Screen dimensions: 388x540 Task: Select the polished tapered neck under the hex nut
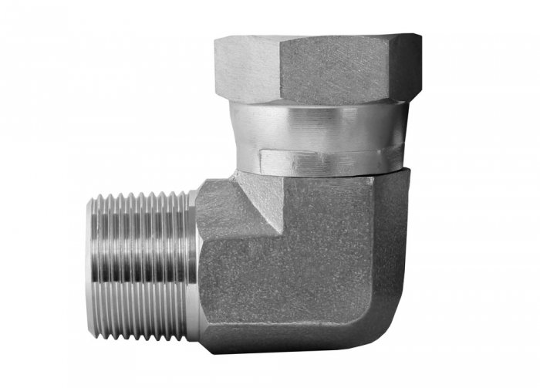tap(324, 123)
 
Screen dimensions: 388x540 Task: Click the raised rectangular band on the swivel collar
tap(324, 160)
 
